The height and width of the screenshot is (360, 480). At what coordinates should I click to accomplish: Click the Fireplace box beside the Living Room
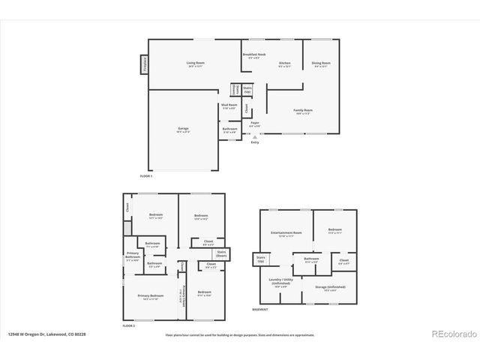[x=143, y=65]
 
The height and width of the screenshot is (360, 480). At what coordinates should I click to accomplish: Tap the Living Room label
[x=196, y=64]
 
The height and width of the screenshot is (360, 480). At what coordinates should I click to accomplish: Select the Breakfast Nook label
[x=253, y=55]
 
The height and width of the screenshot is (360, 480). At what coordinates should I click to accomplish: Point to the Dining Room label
[x=319, y=64]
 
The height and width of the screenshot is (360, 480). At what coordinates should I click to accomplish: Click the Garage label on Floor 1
[x=183, y=130]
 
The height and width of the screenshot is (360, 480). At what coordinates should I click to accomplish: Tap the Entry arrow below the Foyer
[x=255, y=137]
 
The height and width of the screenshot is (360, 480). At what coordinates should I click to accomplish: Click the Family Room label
[x=303, y=112]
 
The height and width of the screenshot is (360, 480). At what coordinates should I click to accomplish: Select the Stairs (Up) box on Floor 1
[x=247, y=89]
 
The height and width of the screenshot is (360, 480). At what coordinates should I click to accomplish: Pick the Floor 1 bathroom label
[x=229, y=130]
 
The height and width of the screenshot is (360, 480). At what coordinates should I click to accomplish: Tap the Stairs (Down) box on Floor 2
[x=222, y=253]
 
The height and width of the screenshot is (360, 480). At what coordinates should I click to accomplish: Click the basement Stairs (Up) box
[x=260, y=259]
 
